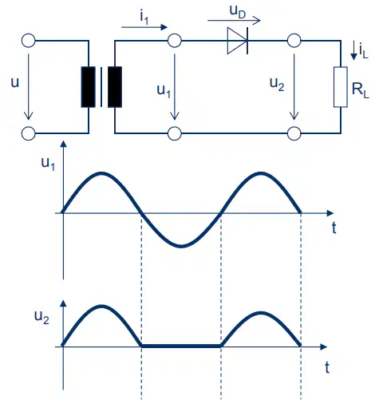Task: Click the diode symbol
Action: click(238, 41)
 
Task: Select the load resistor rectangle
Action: click(341, 87)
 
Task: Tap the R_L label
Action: click(361, 90)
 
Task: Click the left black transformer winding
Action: click(89, 87)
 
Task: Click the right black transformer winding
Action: click(115, 87)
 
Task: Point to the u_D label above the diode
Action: click(238, 12)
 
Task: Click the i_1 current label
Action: click(144, 18)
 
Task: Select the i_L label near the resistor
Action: click(364, 51)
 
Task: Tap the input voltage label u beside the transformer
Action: click(15, 82)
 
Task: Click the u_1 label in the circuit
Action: click(164, 91)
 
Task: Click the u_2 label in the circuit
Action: click(277, 85)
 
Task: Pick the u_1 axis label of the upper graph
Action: click(48, 164)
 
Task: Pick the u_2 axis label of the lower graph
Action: click(41, 318)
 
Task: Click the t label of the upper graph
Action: click(334, 228)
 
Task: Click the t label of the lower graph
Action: click(327, 368)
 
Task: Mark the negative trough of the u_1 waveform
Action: click(181, 246)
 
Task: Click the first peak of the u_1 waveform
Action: click(101, 174)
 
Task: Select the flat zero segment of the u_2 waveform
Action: click(181, 346)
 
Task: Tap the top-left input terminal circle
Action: click(28, 41)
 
